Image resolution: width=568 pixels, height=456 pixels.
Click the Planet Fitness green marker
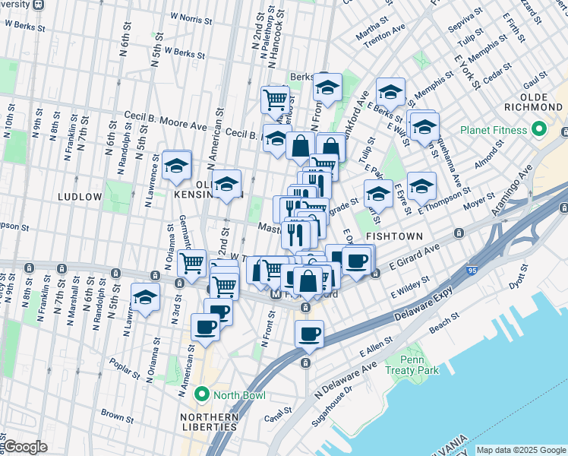tap(541, 129)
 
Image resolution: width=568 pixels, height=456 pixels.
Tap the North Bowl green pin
tap(201, 394)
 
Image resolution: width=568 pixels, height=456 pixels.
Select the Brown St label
tap(118, 416)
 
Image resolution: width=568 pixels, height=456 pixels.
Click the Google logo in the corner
tap(24, 447)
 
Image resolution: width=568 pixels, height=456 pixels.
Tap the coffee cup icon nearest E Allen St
tap(308, 334)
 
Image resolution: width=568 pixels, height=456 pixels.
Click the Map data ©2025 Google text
tap(520, 450)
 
